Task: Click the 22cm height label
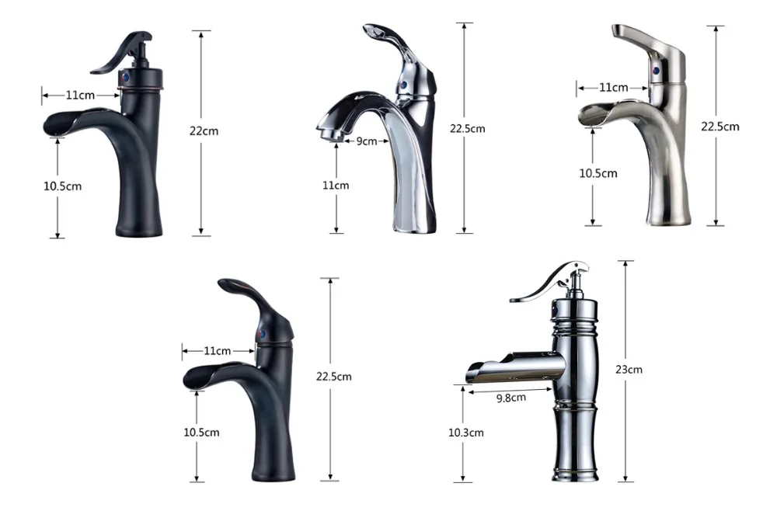[x=204, y=131]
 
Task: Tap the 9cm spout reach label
[x=367, y=141]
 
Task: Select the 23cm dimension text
[x=629, y=370]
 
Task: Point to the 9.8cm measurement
[x=511, y=398]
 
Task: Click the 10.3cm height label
[x=465, y=433]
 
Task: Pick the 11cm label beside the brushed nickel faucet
[x=614, y=88]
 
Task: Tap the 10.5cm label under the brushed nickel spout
[x=598, y=173]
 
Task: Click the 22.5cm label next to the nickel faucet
[x=720, y=127]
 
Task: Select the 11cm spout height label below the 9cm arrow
[x=336, y=185]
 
